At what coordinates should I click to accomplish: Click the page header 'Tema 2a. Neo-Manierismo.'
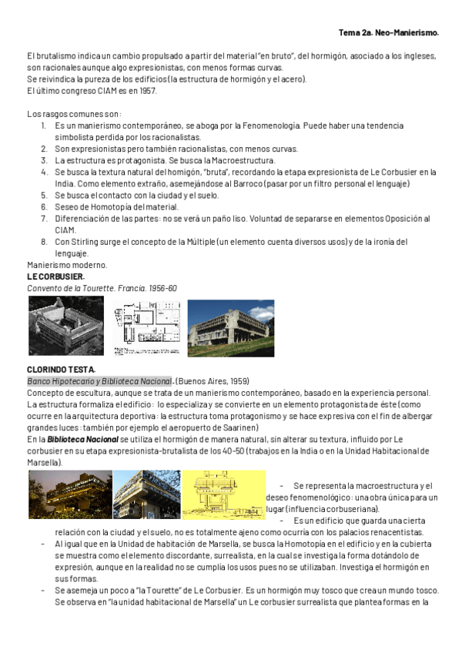pyautogui.click(x=389, y=33)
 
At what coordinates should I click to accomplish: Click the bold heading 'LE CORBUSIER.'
pyautogui.click(x=55, y=276)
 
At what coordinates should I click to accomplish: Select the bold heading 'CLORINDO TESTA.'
pyautogui.click(x=61, y=370)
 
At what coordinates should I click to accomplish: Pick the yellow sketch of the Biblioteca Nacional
pyautogui.click(x=225, y=495)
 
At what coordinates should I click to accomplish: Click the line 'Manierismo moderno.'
pyautogui.click(x=67, y=265)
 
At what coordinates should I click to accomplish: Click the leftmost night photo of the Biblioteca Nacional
pyautogui.click(x=70, y=494)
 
